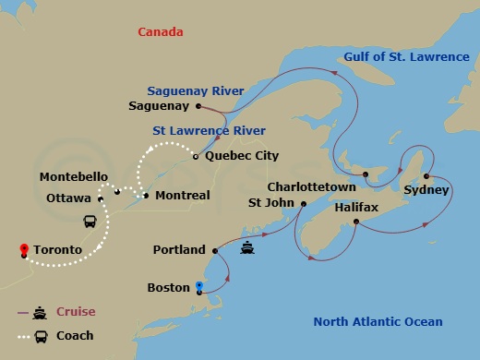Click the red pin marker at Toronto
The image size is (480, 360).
pos(22,248)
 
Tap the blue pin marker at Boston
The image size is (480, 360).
pos(199,286)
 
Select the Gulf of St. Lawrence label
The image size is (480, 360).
pos(406,57)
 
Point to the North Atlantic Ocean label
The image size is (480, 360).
pos(378,321)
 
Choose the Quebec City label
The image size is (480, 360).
pos(242,156)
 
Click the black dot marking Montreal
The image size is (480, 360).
pos(146,196)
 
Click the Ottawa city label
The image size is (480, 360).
pos(67,198)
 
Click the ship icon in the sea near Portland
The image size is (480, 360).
pos(247,247)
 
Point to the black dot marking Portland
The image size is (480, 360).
pos(214,249)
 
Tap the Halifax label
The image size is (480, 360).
pos(356,209)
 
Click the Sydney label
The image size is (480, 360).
pos(426,190)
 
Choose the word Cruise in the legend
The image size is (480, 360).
pos(76,312)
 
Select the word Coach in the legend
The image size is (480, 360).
pos(75,336)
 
